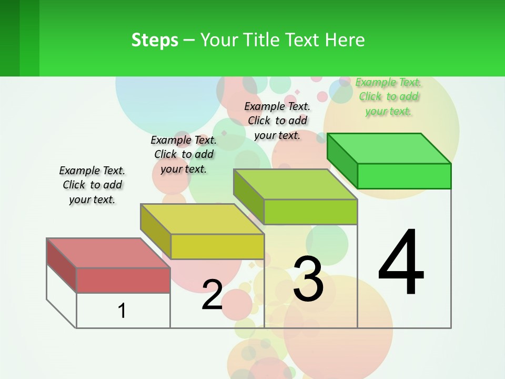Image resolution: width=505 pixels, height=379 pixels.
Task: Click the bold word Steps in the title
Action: click(x=155, y=40)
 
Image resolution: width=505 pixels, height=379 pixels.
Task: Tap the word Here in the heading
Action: click(x=345, y=40)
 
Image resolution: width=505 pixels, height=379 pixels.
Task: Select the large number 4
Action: click(x=401, y=263)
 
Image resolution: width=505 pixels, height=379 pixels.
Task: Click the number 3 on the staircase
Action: click(x=308, y=279)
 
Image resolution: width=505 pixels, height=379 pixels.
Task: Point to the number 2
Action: click(x=212, y=295)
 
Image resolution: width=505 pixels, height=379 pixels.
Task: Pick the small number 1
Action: click(x=122, y=311)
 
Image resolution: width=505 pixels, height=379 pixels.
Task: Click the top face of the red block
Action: click(x=108, y=253)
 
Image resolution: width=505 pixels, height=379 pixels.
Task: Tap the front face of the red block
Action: click(x=123, y=280)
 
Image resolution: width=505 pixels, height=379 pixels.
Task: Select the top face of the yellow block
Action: click(x=202, y=219)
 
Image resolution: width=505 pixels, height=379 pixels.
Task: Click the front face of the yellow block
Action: click(x=217, y=246)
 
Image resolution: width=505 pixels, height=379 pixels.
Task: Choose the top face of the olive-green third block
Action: click(x=295, y=184)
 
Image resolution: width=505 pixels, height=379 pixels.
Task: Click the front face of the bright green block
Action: click(x=404, y=176)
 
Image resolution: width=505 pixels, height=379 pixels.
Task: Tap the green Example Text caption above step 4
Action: click(x=389, y=96)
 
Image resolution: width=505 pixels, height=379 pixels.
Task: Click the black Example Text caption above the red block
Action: click(x=92, y=185)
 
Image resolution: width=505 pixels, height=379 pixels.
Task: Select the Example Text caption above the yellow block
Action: click(x=184, y=154)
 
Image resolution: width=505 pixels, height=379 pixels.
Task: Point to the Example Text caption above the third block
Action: click(x=277, y=121)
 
